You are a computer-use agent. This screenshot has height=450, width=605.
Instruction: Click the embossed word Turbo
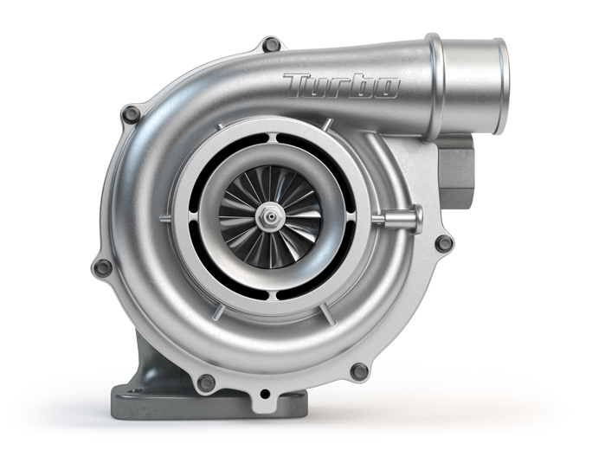point(341,85)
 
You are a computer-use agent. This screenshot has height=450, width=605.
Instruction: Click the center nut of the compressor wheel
point(271,212)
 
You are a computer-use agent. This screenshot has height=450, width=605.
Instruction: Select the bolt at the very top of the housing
point(272,44)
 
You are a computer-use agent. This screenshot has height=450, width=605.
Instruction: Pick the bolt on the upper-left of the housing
point(132,113)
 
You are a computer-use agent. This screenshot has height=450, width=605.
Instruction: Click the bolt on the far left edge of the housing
point(102,267)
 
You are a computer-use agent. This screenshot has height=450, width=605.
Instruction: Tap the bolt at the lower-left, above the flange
point(205,381)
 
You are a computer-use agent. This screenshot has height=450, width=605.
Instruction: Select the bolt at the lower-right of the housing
point(359,370)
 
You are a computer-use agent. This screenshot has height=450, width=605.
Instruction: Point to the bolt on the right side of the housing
point(443,243)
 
